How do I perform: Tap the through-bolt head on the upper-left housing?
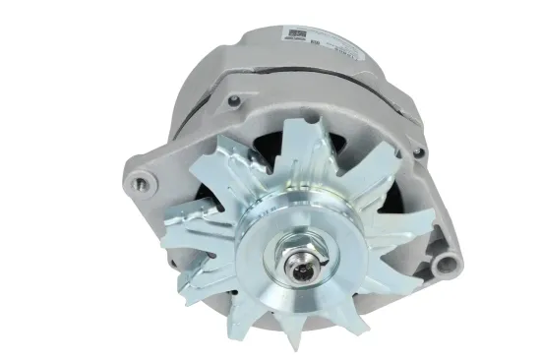pos(234,100)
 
